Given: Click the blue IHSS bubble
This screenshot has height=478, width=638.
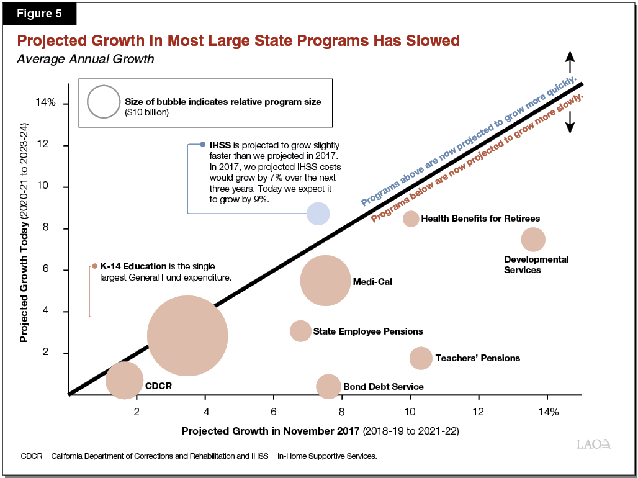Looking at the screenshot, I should (318, 213).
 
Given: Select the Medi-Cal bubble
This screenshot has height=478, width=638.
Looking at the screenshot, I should (325, 281).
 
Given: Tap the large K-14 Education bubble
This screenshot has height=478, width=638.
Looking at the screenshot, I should (187, 336).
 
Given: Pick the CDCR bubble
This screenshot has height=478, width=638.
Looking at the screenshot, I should (125, 381).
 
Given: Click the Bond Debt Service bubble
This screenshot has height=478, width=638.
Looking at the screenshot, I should (328, 386).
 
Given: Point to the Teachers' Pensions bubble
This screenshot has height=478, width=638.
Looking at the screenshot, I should (421, 358).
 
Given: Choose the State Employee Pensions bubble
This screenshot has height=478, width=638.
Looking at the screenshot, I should (300, 331).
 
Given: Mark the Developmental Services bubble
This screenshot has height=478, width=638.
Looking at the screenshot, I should (533, 240).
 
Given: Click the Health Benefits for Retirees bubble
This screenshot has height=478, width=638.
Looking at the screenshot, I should (411, 219).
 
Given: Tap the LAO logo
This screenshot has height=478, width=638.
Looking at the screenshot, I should (594, 444).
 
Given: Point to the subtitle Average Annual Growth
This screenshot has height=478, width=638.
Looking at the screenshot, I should (85, 60).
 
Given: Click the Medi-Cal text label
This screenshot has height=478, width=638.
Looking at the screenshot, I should (372, 282).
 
